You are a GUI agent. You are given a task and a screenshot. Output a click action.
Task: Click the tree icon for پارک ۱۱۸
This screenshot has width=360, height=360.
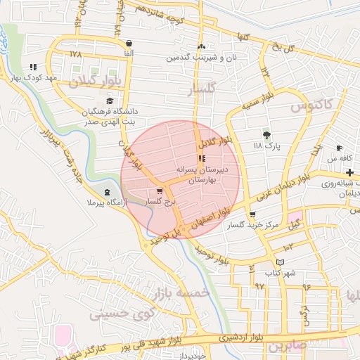pos(266,134)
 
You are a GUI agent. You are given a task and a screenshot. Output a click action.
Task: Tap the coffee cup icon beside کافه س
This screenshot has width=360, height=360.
pos(340,148)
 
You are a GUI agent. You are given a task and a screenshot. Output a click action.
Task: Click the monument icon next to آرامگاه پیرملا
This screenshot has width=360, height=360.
pos(107,192)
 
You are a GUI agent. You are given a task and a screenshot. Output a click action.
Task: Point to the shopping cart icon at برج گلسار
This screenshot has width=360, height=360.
pos(160,191)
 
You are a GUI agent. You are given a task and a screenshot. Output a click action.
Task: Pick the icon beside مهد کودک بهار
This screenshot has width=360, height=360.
pos(32,67)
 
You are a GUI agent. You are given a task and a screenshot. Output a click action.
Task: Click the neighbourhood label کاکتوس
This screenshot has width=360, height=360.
pos(311,106)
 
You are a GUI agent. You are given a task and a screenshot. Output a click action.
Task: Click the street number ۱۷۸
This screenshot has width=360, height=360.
pos(76,53)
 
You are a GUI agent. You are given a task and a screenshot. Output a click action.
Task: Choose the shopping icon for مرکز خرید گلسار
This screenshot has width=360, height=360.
pos(252,215)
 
